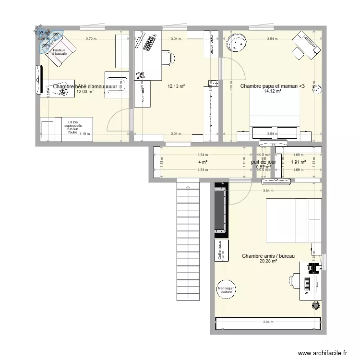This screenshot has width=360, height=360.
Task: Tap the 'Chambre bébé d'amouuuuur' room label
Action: click(x=84, y=86)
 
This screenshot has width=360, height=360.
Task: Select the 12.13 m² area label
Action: click(x=176, y=87)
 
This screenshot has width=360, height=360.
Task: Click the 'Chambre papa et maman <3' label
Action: click(x=272, y=86)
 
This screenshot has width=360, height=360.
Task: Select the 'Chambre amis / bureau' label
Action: click(x=268, y=256)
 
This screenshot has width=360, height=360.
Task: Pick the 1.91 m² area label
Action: click(x=298, y=162)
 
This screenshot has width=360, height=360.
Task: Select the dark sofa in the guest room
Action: click(x=221, y=211)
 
